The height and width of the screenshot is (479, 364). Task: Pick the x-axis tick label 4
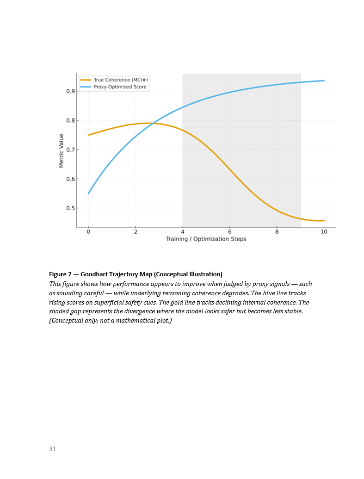tap(183, 231)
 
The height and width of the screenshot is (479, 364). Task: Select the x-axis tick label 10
tap(324, 231)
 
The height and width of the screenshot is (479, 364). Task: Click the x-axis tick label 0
tap(88, 231)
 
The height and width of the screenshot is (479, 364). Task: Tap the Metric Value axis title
tap(62, 150)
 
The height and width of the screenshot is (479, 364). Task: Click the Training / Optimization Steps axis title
tap(206, 239)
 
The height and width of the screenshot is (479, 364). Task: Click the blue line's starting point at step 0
tap(88, 193)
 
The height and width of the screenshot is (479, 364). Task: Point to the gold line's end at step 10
tap(324, 221)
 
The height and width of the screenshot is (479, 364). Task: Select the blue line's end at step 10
tap(324, 81)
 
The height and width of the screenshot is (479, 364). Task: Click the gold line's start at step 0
tap(88, 135)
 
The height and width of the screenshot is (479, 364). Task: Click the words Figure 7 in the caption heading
tap(62, 274)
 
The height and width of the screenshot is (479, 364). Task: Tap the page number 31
tap(53, 449)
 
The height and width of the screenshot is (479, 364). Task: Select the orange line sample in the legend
tap(86, 80)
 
